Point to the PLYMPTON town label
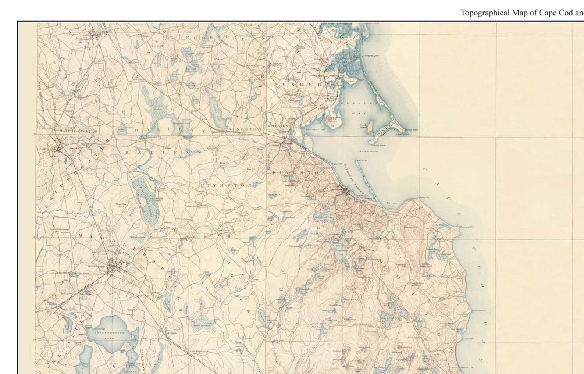[x=225, y=185]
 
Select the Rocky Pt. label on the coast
[x=424, y=197]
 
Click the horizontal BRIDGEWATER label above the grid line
[x=79, y=131]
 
